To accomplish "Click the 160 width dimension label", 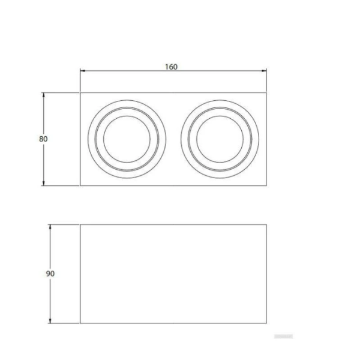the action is coord(171,67).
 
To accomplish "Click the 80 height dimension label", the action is coord(43,139).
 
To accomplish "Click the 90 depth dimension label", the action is coord(50,274).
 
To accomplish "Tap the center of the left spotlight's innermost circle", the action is coord(127,139).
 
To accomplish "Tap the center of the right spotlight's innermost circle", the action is coord(220,139).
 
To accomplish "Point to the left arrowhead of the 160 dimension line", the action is coord(83,71).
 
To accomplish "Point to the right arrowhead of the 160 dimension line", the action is coord(264,71).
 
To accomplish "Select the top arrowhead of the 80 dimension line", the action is coord(43,95).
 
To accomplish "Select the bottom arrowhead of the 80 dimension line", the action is coord(43,183).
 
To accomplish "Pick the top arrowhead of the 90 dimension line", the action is coord(50,227).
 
